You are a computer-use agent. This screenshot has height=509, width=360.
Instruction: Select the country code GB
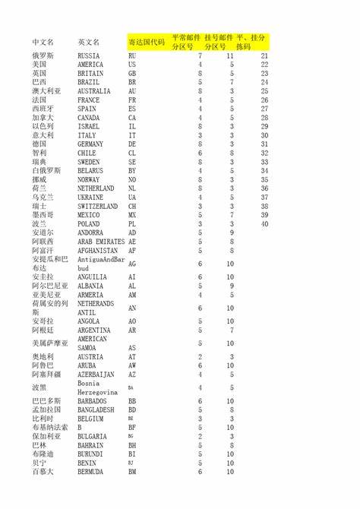pos(132,74)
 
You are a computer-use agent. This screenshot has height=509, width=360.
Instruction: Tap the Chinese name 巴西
pos(39,82)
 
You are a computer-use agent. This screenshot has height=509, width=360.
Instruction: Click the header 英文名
pos(88,41)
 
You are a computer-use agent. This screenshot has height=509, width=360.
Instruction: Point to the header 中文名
pos(43,41)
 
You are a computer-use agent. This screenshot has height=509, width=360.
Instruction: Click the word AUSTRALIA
pos(94,91)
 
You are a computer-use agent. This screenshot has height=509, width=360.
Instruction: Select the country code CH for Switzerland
pos(132,206)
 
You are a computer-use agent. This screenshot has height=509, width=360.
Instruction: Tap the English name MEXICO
pos(89,215)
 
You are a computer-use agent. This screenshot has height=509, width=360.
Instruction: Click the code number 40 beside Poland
pos(264,224)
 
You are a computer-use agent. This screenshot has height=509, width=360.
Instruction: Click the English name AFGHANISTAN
pos(97,250)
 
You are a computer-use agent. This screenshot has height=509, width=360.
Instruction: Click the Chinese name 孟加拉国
pos(47,409)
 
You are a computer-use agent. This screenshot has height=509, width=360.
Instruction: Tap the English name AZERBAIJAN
pos(96,375)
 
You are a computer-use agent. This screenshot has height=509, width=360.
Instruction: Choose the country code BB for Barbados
pos(132,400)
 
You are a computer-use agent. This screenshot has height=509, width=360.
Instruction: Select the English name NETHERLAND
pos(96,188)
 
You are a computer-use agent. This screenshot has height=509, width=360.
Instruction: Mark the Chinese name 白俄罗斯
pos(47,171)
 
